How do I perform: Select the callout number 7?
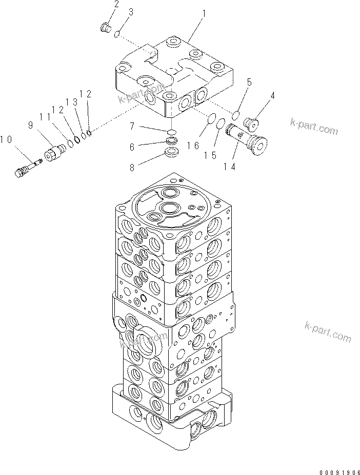click(x=132, y=127)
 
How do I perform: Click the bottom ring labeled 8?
click(x=172, y=152)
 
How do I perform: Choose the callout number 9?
click(x=30, y=125)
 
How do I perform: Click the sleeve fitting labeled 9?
click(x=55, y=152)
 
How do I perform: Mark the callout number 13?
click(x=75, y=102)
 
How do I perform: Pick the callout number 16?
click(x=192, y=146)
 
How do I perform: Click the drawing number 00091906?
click(x=333, y=469)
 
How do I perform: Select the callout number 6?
click(x=132, y=147)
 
